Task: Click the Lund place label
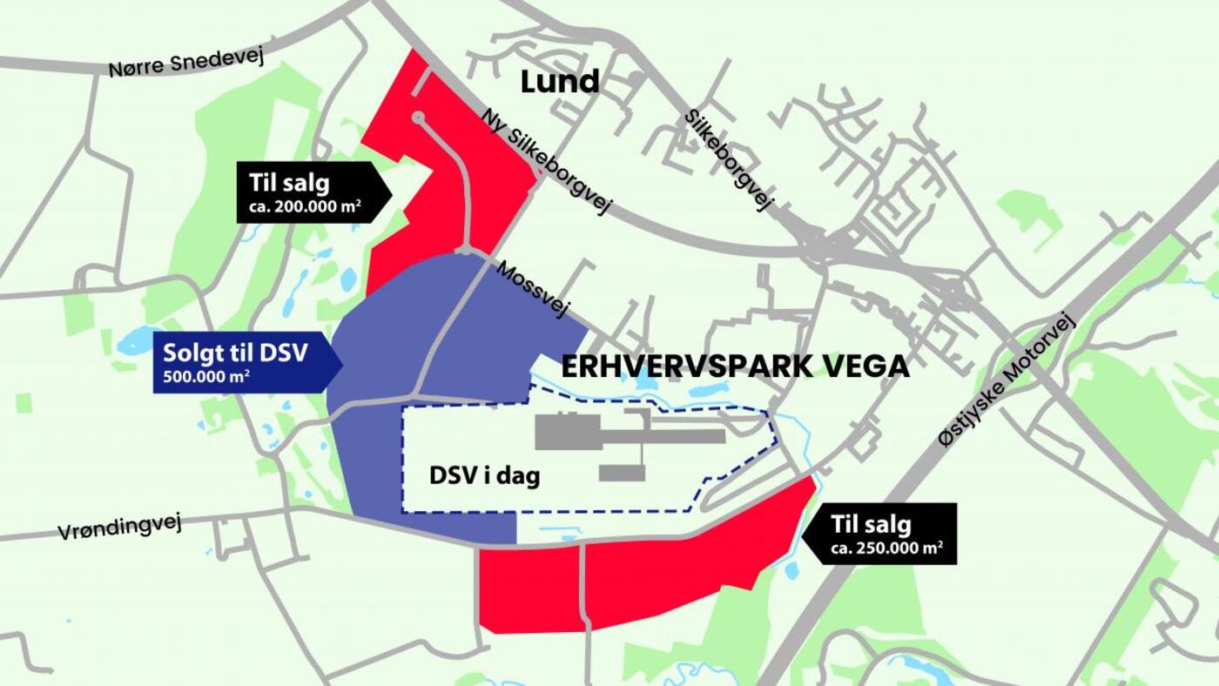coord(560,82)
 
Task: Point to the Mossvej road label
coord(532,289)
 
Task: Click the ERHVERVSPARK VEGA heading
coord(735,367)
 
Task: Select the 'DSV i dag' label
coord(485,476)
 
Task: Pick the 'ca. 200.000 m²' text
coord(300,209)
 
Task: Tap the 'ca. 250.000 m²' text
coord(886,548)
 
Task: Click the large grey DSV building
coord(566,433)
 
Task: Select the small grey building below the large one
coord(622,473)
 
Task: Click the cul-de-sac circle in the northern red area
coord(418,117)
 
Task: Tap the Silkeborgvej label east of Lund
coord(729,159)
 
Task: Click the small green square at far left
coord(24,403)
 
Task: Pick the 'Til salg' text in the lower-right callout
coord(871,525)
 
